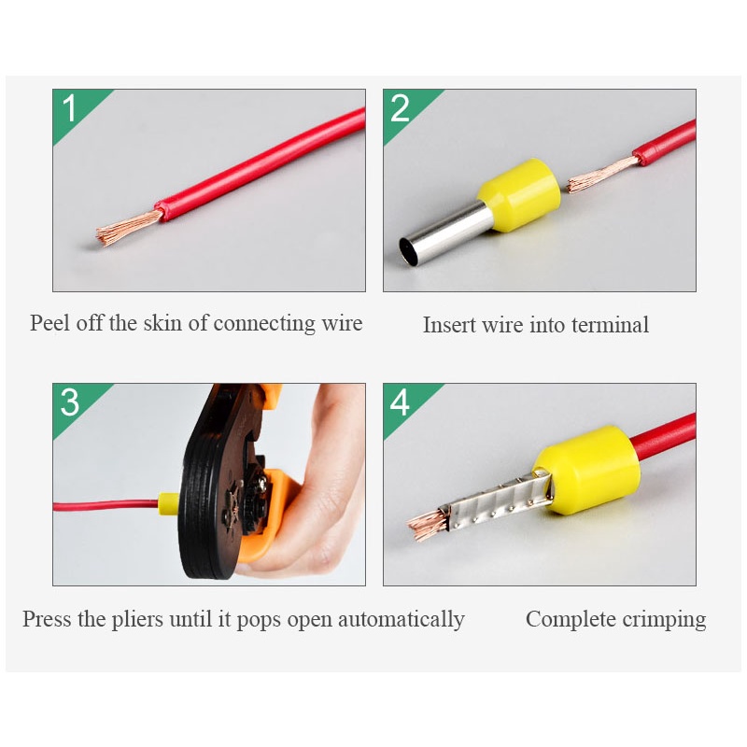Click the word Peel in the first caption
[x=50, y=322]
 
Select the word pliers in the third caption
[x=137, y=619]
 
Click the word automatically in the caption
[x=402, y=619]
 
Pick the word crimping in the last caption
[x=664, y=619]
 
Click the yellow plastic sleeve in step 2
[x=520, y=194]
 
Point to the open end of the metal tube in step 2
[x=409, y=251]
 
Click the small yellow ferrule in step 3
[x=168, y=502]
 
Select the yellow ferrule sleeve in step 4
[x=587, y=470]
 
